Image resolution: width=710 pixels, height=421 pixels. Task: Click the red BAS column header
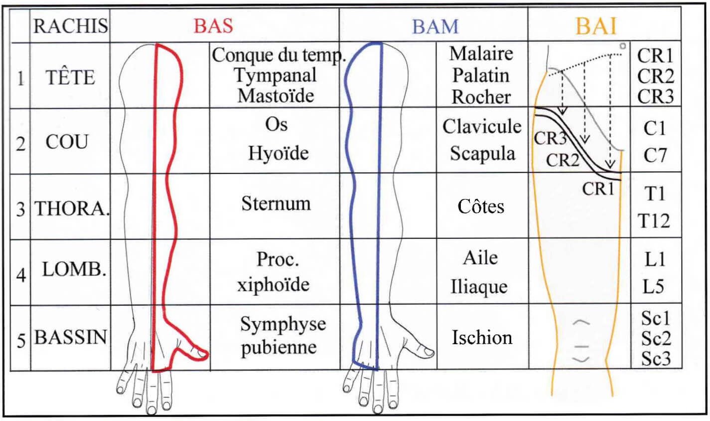pyautogui.click(x=213, y=26)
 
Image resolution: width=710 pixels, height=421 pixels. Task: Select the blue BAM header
pyautogui.click(x=435, y=26)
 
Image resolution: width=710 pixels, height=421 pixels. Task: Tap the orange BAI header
pyautogui.click(x=596, y=26)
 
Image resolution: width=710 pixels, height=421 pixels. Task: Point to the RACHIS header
pyautogui.click(x=70, y=26)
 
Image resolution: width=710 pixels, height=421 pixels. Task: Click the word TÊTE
pyautogui.click(x=70, y=77)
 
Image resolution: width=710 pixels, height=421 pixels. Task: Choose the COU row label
pyautogui.click(x=67, y=142)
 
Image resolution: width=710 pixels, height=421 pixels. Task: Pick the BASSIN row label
pyautogui.click(x=70, y=337)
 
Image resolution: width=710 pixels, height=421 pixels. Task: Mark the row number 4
pyautogui.click(x=21, y=275)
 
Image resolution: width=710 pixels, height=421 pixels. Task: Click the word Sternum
pyautogui.click(x=276, y=204)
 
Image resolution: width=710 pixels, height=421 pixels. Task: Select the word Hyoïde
pyautogui.click(x=279, y=153)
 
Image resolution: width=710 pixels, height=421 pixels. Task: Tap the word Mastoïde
pyautogui.click(x=276, y=95)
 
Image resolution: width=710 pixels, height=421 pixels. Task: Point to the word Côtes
pyautogui.click(x=481, y=207)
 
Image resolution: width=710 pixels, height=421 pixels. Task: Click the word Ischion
pyautogui.click(x=482, y=337)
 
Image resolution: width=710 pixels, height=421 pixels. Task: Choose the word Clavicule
pyautogui.click(x=482, y=127)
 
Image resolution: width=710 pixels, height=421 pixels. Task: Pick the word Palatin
pyautogui.click(x=481, y=75)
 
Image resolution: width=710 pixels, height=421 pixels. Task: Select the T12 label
pyautogui.click(x=654, y=221)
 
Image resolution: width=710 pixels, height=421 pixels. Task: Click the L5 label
pyautogui.click(x=653, y=286)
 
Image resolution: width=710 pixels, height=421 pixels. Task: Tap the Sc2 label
pyautogui.click(x=656, y=339)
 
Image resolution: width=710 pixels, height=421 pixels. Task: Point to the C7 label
pyautogui.click(x=655, y=155)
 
